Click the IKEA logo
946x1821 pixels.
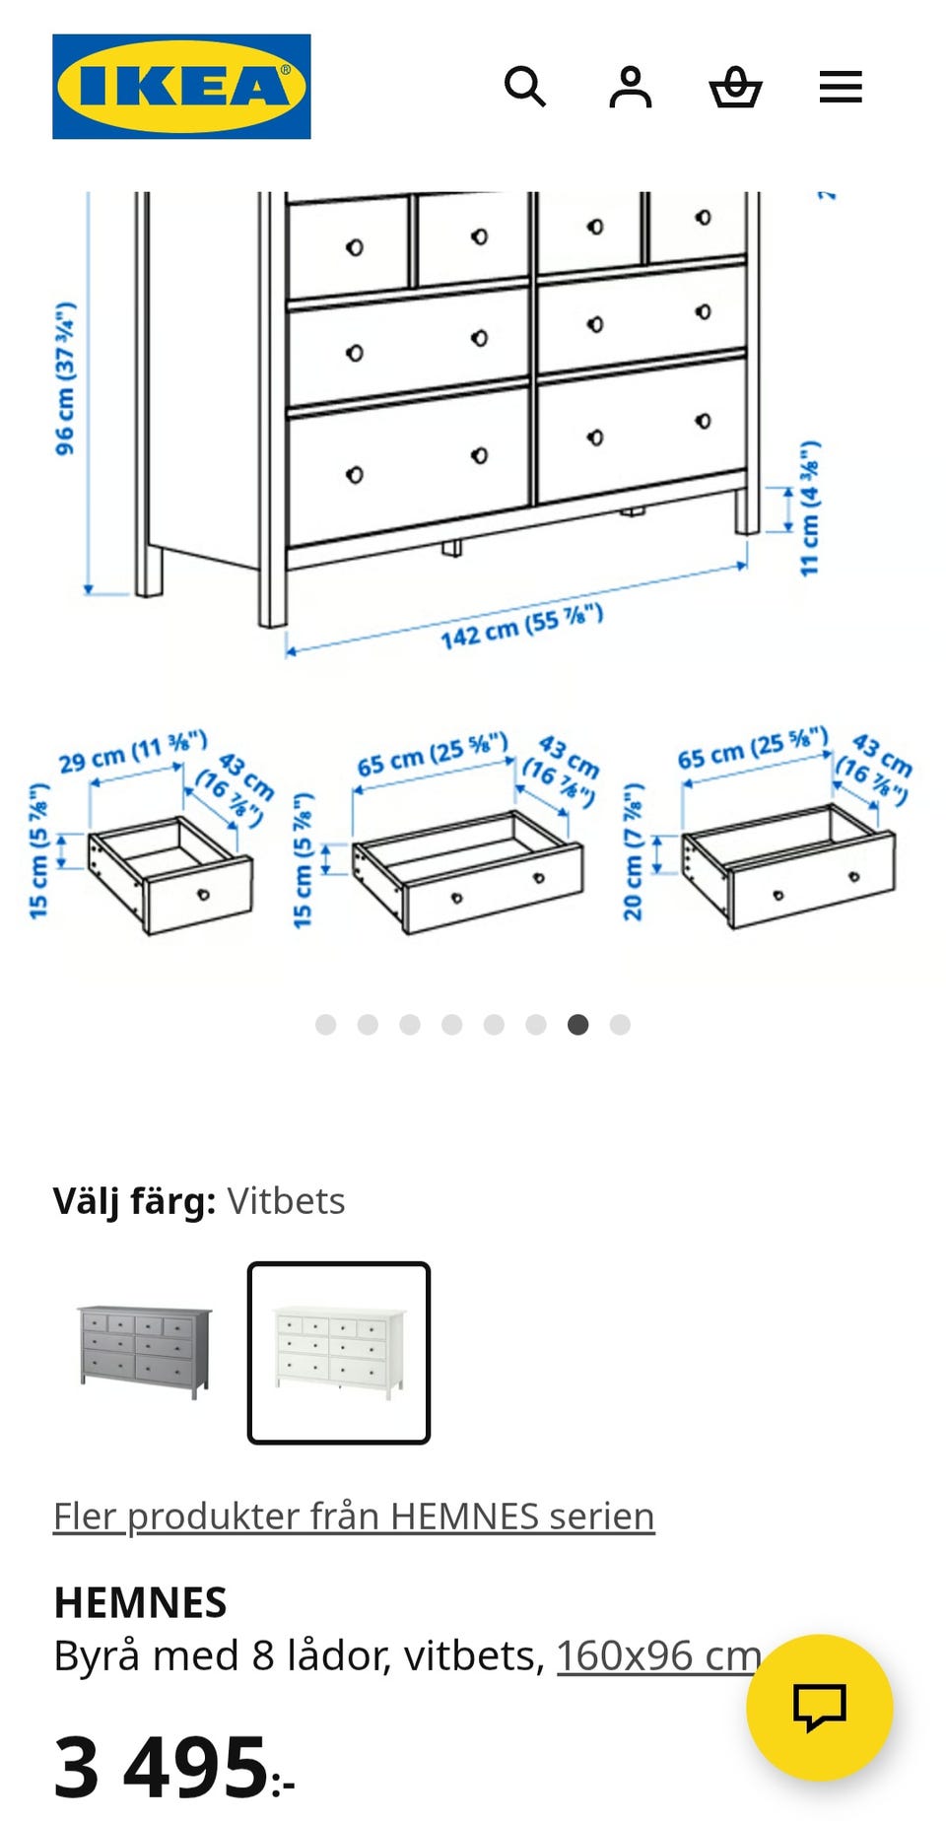181,87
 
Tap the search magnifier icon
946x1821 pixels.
525,87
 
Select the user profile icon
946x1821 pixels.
631,87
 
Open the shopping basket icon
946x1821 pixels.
736,87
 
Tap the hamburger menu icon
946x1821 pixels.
841,87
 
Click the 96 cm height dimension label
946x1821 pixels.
65,379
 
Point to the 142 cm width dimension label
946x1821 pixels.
521,627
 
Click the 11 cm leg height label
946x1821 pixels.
809,508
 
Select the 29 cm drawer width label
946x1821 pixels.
133,752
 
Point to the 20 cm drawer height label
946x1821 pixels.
633,852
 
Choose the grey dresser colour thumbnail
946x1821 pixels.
145,1352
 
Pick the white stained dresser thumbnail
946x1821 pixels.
339,1353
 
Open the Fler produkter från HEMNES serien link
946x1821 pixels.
354,1517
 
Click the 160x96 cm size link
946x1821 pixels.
659,1656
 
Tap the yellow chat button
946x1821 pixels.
820,1708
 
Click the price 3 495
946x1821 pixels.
173,1767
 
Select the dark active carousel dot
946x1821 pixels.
578,1025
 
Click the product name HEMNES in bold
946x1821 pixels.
141,1603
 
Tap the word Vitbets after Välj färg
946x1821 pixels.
286,1201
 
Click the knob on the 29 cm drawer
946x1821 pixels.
204,895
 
